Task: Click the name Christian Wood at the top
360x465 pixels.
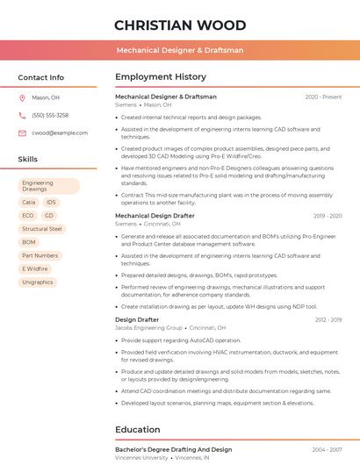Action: click(x=180, y=25)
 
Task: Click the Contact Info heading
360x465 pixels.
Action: click(x=40, y=77)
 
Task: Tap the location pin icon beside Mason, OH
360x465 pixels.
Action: click(x=23, y=98)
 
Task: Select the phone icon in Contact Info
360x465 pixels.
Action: click(x=23, y=115)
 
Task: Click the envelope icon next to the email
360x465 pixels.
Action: click(x=23, y=132)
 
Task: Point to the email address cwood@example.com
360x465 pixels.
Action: click(x=54, y=132)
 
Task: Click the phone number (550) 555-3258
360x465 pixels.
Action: click(x=50, y=115)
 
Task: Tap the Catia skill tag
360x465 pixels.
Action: click(x=29, y=202)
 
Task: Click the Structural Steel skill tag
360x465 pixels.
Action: click(x=42, y=229)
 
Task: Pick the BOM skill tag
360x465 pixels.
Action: click(x=29, y=242)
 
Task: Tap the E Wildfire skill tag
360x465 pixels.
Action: click(x=35, y=268)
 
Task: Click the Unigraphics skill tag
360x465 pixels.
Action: click(x=38, y=283)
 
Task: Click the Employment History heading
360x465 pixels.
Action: click(x=161, y=77)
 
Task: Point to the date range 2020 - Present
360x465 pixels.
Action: click(x=323, y=97)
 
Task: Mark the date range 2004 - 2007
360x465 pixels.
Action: click(x=326, y=450)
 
